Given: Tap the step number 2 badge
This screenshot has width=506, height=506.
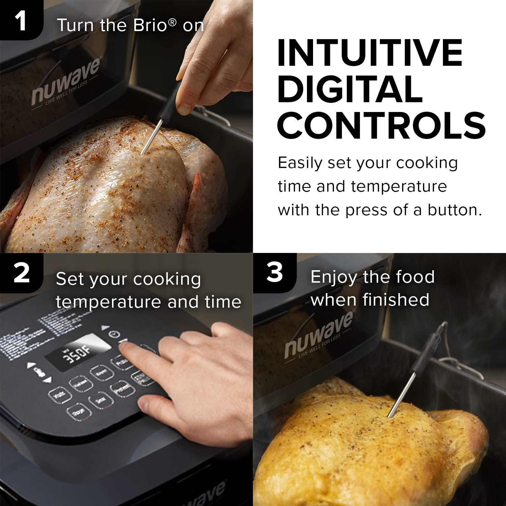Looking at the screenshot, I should tap(21, 274).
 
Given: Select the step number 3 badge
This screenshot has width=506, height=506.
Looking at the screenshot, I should tap(274, 273).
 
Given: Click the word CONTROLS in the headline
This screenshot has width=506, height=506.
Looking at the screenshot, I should tap(381, 125).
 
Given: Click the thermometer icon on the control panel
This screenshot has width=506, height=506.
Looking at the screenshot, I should tap(39, 372).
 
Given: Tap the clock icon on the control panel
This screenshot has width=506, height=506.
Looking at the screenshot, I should tap(115, 334).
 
